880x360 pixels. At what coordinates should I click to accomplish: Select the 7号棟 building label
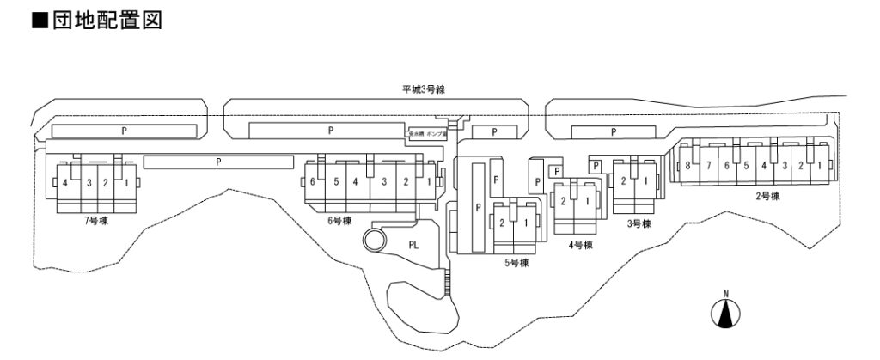click(95, 221)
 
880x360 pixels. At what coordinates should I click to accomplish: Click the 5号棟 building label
click(516, 263)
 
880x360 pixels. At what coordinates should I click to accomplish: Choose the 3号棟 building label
click(639, 223)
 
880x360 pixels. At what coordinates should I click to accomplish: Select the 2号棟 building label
click(767, 196)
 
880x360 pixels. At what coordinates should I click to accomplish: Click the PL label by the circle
click(413, 244)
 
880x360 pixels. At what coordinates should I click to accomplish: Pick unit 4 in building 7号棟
click(65, 183)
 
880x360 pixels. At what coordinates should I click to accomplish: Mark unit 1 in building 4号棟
click(586, 201)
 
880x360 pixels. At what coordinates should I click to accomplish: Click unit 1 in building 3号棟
click(645, 181)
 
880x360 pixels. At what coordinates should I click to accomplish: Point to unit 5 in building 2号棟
click(745, 166)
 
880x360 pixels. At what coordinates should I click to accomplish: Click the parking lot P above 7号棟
click(124, 131)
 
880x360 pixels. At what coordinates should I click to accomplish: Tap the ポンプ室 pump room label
click(437, 134)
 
